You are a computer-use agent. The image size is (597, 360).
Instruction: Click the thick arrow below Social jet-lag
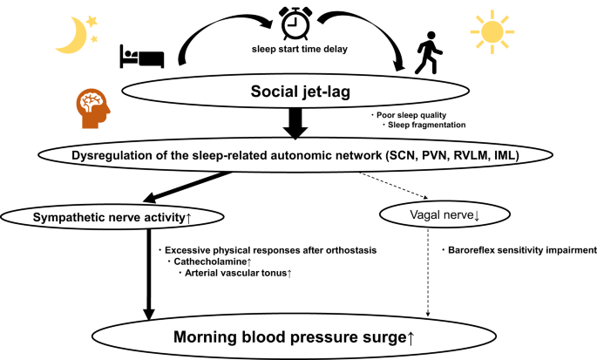pyautogui.click(x=296, y=129)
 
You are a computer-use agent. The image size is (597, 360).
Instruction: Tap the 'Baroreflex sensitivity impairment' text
pyautogui.click(x=520, y=250)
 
